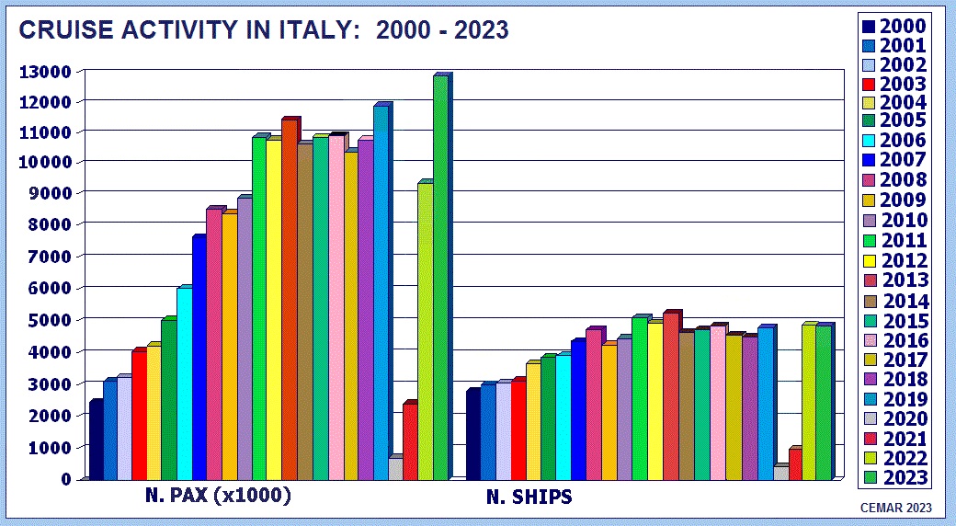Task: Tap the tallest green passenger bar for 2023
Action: click(x=440, y=276)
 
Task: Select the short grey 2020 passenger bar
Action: click(x=395, y=468)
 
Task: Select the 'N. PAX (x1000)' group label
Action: click(x=219, y=496)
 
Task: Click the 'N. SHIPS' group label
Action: click(x=529, y=497)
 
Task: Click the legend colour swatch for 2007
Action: click(x=869, y=161)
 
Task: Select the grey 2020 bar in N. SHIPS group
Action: click(x=780, y=473)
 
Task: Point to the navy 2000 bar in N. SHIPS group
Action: click(x=472, y=434)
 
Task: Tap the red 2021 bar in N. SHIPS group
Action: click(x=795, y=463)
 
